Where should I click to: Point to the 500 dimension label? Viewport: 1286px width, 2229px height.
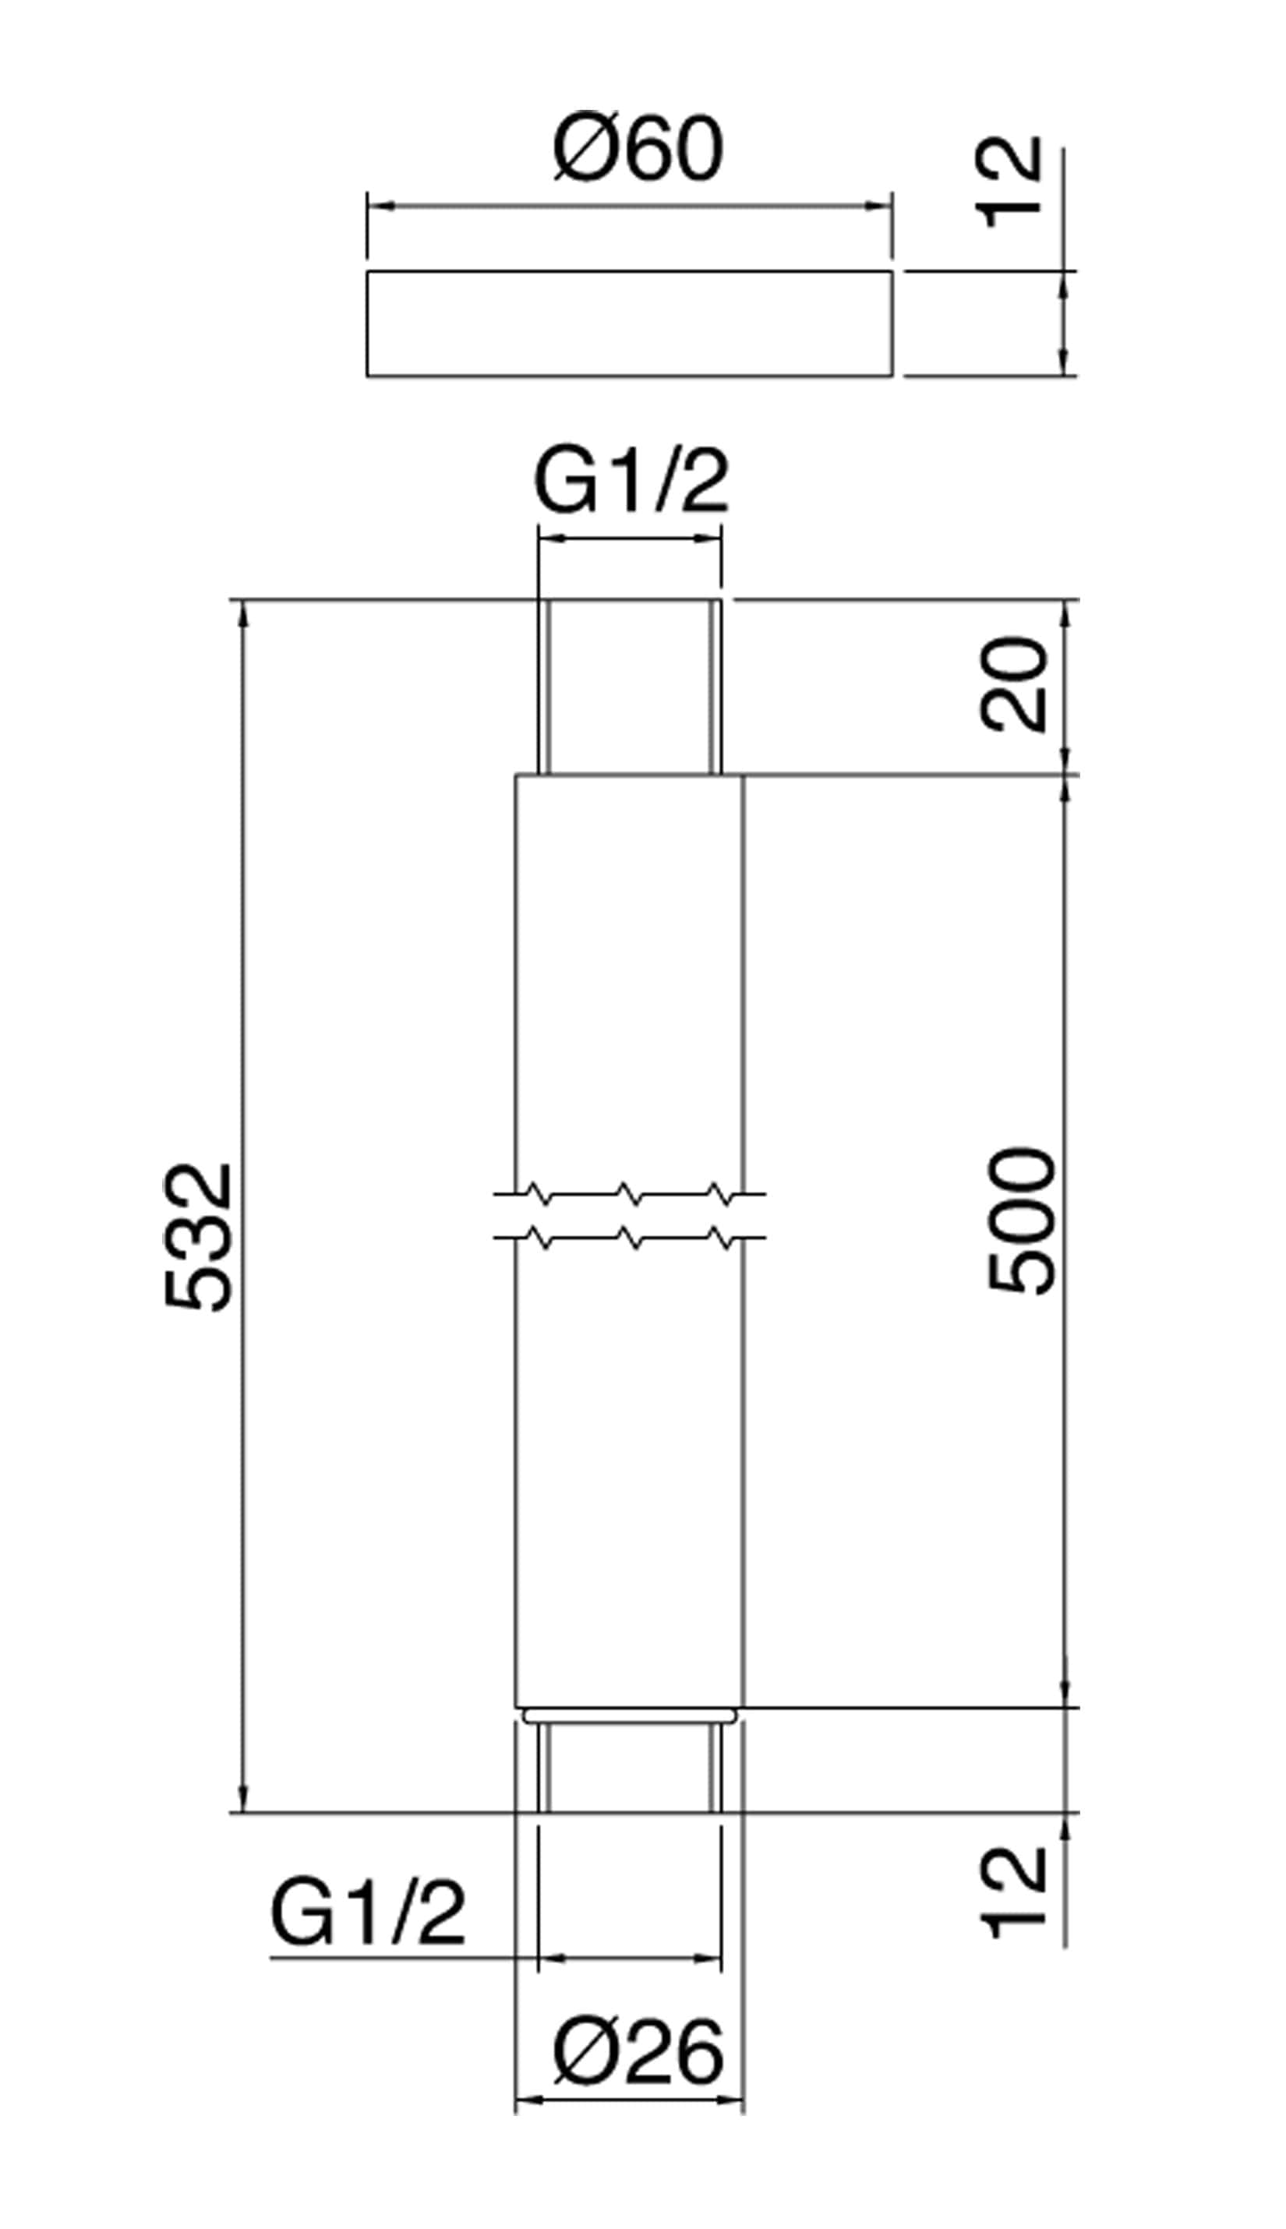point(1022,1221)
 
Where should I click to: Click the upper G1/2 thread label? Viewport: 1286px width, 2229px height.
point(631,485)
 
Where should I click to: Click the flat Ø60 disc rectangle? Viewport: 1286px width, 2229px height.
point(629,323)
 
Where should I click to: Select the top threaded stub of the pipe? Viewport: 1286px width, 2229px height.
point(629,687)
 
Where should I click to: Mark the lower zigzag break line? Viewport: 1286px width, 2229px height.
point(629,1238)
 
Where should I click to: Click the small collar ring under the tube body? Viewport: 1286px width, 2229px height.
point(629,1715)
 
